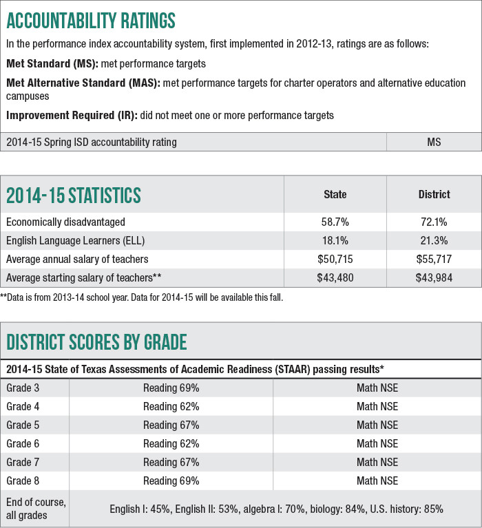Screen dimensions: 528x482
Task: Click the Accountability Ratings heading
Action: pos(91,20)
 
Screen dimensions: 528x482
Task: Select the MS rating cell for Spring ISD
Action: pos(434,142)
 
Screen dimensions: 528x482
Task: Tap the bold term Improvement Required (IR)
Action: pos(72,116)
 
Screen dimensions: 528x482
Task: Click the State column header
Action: pos(335,195)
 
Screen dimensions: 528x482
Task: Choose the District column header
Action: pos(434,195)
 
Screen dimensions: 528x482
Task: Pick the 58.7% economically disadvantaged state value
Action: pos(335,222)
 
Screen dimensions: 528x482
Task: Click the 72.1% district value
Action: pos(434,222)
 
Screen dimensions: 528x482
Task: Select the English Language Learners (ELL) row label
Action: pos(75,240)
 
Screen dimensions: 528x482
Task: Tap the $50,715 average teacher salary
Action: pos(335,259)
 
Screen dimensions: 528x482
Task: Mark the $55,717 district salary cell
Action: pos(434,259)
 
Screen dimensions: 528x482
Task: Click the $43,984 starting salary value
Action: pos(434,277)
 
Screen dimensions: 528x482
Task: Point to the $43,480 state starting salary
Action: pos(335,277)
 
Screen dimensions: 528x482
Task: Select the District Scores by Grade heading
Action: pos(96,341)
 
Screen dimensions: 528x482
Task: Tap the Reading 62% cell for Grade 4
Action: pos(171,406)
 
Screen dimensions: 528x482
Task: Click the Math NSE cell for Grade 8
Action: pos(377,481)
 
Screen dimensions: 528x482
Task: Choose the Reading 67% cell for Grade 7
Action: pos(171,462)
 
